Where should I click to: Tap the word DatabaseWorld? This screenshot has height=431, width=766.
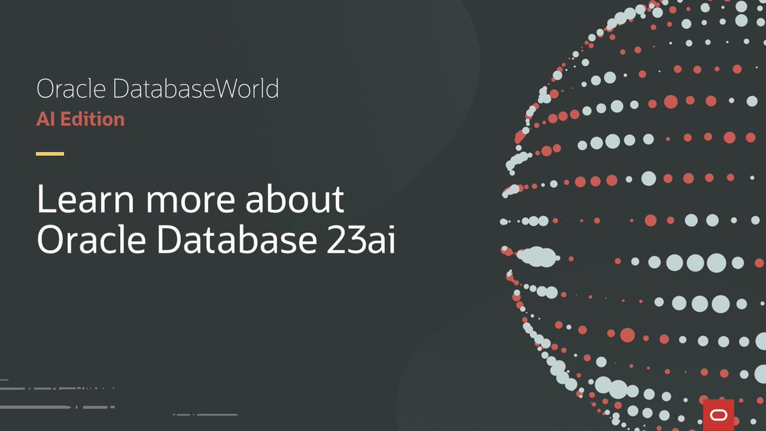[x=196, y=89]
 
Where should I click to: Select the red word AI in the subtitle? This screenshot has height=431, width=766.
[x=45, y=119]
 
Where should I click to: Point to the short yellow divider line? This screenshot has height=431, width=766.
[x=50, y=154]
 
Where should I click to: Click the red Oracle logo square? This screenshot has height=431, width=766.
[x=718, y=414]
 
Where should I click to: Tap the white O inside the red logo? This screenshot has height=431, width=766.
[x=718, y=414]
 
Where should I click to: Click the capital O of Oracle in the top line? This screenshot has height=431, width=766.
[x=44, y=89]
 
